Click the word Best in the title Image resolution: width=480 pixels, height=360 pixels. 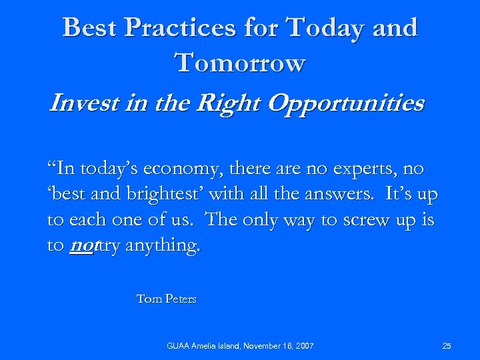[x=89, y=28]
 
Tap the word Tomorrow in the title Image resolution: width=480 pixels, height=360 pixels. [x=240, y=63]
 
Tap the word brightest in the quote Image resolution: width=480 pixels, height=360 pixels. [x=171, y=196]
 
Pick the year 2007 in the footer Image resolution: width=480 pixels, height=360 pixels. [x=303, y=346]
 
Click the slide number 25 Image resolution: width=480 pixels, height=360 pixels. [x=447, y=346]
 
